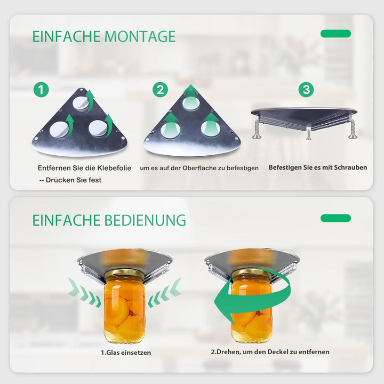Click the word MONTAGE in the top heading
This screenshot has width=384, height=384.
[140, 36]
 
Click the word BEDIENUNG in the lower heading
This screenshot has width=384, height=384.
[145, 220]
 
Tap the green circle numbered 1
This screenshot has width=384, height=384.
[41, 90]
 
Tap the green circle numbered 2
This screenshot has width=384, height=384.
[160, 90]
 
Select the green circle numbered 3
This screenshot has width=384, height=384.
[306, 90]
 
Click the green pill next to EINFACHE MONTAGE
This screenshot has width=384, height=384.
[335, 34]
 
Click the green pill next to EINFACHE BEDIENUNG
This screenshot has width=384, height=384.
[335, 218]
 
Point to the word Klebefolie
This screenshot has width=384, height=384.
[114, 168]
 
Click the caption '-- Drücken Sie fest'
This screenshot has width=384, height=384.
[70, 180]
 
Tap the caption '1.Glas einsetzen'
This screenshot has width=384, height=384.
[126, 353]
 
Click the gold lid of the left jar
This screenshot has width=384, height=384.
[125, 274]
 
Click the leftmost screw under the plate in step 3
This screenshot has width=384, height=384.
[257, 129]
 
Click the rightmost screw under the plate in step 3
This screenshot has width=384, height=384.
[353, 129]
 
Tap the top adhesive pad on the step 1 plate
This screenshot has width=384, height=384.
[81, 103]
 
